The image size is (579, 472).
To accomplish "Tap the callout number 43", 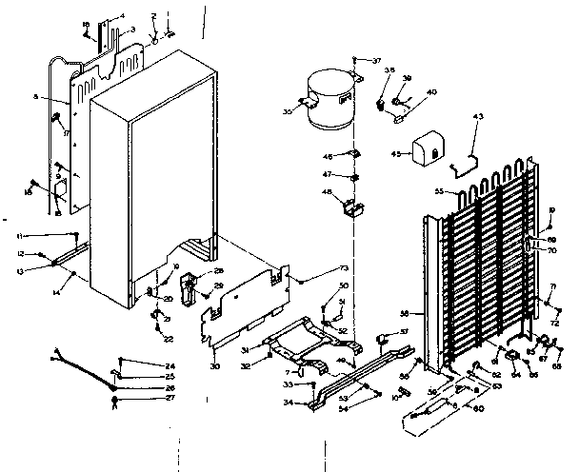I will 478,116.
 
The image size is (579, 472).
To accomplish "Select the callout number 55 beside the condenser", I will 439,191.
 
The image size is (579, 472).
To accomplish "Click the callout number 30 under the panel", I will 214,366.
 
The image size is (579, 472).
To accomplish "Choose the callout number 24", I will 170,366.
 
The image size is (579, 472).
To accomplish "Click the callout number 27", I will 170,399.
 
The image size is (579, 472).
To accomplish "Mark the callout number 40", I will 431,91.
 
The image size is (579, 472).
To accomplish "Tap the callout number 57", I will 404,331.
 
